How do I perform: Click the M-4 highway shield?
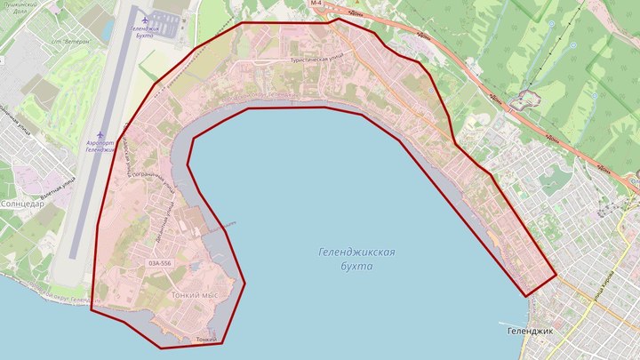pos(316,4)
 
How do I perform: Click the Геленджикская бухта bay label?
pos(356,260)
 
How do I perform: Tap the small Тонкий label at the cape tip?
pos(205,338)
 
